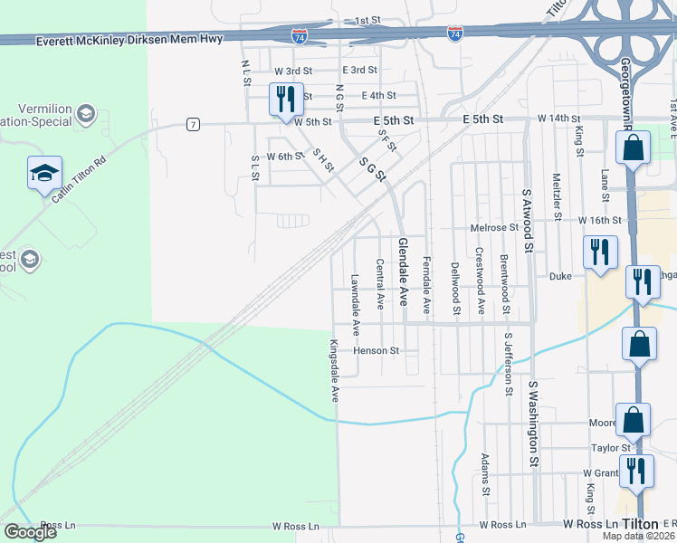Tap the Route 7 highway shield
(x=193, y=124)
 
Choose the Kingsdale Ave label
(x=334, y=371)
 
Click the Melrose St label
(x=493, y=228)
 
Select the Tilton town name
(x=640, y=524)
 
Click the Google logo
(x=30, y=532)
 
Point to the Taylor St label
(x=611, y=448)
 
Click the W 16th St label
(x=601, y=220)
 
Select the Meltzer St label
(x=557, y=193)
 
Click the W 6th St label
(x=283, y=157)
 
